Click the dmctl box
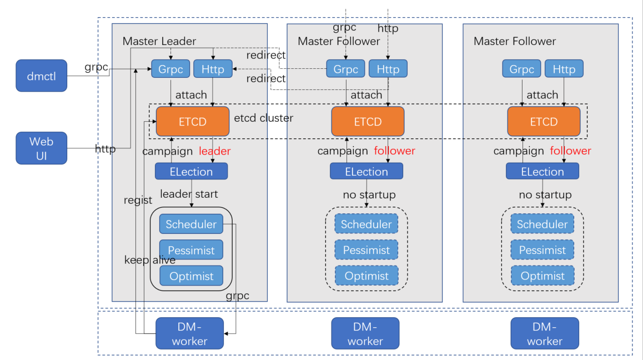[41, 75]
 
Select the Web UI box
[41, 148]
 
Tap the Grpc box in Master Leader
[170, 69]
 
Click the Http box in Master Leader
[213, 69]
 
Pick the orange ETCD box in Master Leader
[192, 121]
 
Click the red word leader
[214, 151]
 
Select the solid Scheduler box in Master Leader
[191, 224]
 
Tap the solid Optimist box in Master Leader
[191, 276]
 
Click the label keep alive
[149, 260]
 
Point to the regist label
[138, 201]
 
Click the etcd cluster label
[263, 118]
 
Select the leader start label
[189, 194]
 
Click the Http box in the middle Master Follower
[388, 69]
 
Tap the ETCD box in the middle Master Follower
[368, 121]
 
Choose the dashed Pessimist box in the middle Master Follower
[366, 250]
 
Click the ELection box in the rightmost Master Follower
[542, 171]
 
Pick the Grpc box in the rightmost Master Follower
[521, 69]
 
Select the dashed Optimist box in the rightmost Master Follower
[542, 276]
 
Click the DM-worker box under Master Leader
[189, 333]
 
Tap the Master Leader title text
[159, 41]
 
